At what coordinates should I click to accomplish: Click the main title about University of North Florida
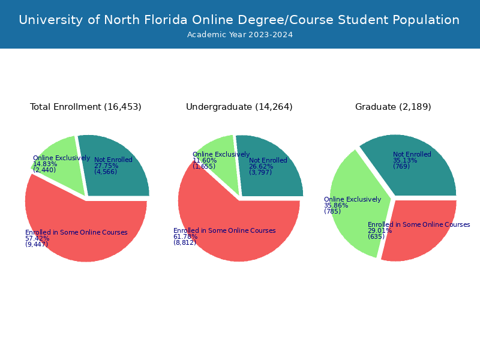[239, 20]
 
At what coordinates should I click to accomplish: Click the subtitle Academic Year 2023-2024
[240, 35]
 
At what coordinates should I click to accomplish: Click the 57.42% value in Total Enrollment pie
[37, 238]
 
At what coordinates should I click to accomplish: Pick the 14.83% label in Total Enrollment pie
[45, 164]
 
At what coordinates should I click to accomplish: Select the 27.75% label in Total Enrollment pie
[106, 166]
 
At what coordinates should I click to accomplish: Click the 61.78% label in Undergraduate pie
[185, 236]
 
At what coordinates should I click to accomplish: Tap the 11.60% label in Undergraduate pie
[205, 160]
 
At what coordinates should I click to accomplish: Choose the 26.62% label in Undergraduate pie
[261, 167]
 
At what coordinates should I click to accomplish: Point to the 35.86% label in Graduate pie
[336, 205]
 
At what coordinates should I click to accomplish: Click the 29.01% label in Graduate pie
[380, 230]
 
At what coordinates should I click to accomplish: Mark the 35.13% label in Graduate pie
[405, 160]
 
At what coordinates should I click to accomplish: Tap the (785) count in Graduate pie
[332, 211]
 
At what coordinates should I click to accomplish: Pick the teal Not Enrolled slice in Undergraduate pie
[276, 180]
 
